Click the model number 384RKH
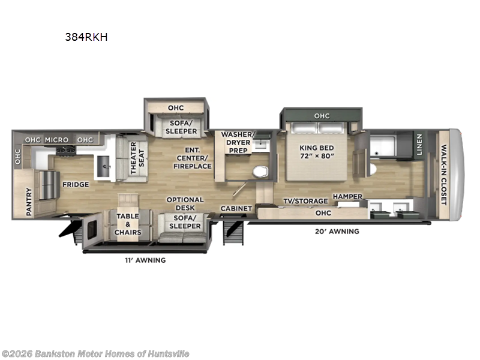click(x=86, y=36)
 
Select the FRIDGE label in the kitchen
click(x=76, y=185)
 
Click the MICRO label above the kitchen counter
click(x=56, y=140)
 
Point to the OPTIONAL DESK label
click(x=185, y=204)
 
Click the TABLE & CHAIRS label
click(x=128, y=224)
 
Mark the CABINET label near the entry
click(x=235, y=209)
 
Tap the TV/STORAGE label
click(x=305, y=201)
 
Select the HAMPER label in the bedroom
click(x=348, y=196)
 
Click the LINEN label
click(x=419, y=145)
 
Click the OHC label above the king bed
click(x=322, y=116)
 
